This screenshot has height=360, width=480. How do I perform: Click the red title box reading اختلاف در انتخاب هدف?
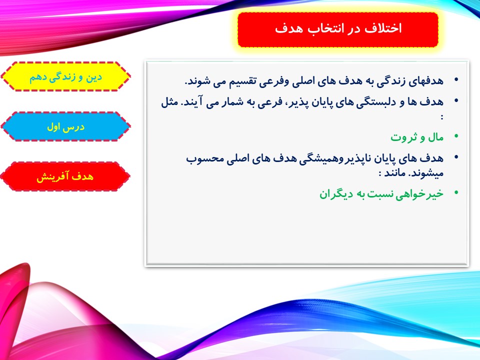tap(338, 29)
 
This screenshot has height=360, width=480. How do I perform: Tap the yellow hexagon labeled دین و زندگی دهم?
tap(65, 76)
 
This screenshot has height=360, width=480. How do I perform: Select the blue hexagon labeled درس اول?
tap(65, 126)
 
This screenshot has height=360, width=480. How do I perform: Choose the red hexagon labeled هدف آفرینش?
tap(65, 176)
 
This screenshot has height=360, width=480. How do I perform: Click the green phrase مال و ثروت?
tap(417, 137)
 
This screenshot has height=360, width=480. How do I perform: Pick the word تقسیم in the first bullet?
tap(239, 81)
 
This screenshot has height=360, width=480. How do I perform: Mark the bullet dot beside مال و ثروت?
tap(456, 136)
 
